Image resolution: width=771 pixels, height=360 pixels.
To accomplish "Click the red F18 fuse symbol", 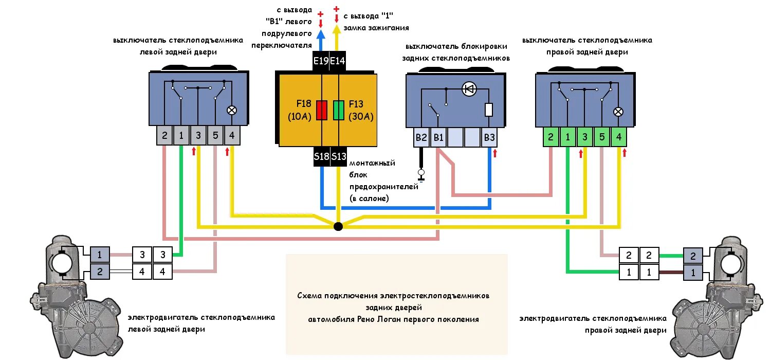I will click(321, 110).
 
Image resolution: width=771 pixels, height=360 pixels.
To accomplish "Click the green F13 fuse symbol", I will click(338, 110).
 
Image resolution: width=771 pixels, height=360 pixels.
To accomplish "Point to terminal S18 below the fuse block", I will click(321, 157).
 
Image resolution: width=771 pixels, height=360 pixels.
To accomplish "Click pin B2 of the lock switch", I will click(421, 138).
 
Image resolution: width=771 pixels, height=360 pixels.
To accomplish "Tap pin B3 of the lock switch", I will click(489, 138).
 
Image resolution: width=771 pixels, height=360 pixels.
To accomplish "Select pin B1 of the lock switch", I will click(438, 138).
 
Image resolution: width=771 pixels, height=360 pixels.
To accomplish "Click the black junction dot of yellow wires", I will click(338, 226).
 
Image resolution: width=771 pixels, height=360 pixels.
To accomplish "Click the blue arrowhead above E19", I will click(321, 34).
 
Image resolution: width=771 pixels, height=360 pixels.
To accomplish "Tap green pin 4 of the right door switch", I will click(618, 137).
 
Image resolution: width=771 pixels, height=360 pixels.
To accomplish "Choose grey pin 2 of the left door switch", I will click(164, 136).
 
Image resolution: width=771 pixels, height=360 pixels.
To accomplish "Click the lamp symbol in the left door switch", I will click(232, 110).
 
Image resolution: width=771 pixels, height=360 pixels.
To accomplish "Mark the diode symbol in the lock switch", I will click(468, 89).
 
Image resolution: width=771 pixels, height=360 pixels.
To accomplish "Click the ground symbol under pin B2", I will click(421, 175).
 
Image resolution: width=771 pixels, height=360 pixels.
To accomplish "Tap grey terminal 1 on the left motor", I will click(100, 254).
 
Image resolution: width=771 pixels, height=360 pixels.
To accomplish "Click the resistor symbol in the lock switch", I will click(489, 110).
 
